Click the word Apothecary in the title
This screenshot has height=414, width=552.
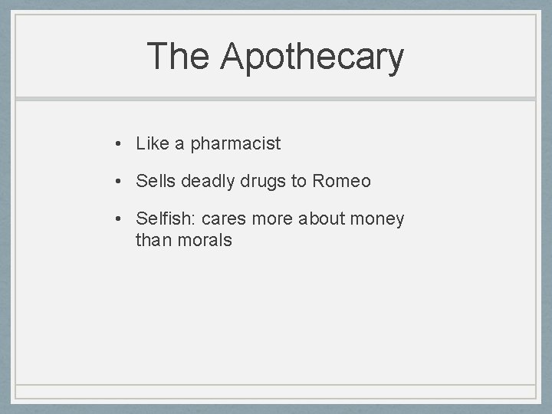pyautogui.click(x=311, y=58)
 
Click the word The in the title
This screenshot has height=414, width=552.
pyautogui.click(x=177, y=56)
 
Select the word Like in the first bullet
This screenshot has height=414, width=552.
pyautogui.click(x=151, y=143)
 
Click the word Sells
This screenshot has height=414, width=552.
pyautogui.click(x=155, y=181)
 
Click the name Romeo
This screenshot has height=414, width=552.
pyautogui.click(x=341, y=181)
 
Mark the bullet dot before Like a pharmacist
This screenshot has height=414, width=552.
pyautogui.click(x=119, y=143)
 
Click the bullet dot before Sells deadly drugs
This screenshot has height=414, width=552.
pyautogui.click(x=119, y=182)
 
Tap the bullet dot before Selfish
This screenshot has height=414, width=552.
pyautogui.click(x=119, y=220)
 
